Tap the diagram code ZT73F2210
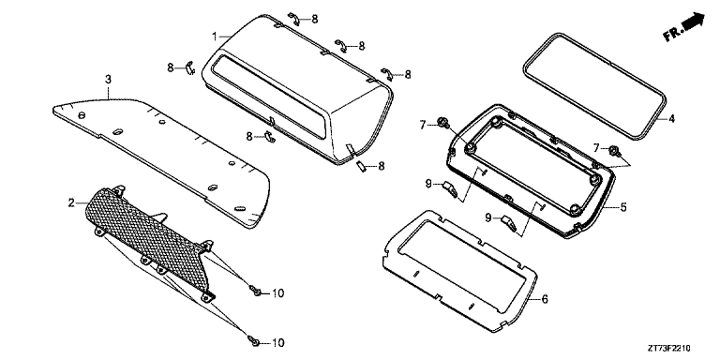click(669, 348)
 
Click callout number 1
click(215, 37)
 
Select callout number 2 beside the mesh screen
click(71, 202)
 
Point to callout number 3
click(108, 80)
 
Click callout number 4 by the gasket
click(672, 119)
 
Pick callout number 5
click(623, 207)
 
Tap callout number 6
click(545, 299)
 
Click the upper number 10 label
click(277, 292)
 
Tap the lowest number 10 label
click(277, 343)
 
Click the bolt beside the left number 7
click(444, 122)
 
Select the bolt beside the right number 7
click(614, 150)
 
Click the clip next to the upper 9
click(450, 188)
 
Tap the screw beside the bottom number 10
click(253, 340)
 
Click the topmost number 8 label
click(315, 19)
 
